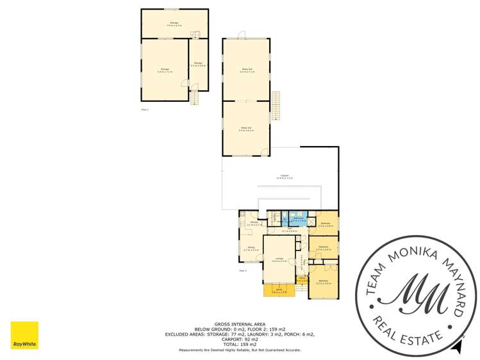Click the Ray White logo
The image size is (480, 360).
point(24,335)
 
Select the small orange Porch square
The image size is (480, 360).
point(302,279)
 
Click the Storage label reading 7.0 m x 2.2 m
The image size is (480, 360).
point(174,25)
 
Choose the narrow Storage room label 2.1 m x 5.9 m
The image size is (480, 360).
point(199,64)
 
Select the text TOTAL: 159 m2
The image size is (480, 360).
point(240,345)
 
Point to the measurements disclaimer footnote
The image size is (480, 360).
point(240,350)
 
